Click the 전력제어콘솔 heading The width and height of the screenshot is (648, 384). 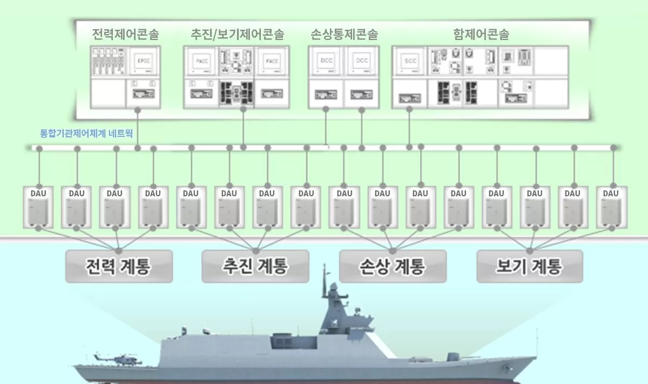[x=125, y=35]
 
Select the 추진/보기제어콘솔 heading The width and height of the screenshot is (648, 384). [x=238, y=35]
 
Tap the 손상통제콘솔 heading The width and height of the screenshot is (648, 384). [x=344, y=35]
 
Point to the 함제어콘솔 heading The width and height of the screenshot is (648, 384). [x=481, y=35]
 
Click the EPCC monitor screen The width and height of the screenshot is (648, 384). [x=143, y=61]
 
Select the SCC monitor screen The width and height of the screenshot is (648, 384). [x=409, y=61]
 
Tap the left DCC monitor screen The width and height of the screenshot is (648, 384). [x=326, y=61]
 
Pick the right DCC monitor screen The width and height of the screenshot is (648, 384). [x=361, y=61]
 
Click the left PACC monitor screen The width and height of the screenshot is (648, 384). [x=201, y=61]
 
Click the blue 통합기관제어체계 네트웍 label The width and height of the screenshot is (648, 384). [x=86, y=132]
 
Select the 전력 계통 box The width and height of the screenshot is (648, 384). [x=119, y=266]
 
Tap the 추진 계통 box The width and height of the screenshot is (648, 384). [x=255, y=266]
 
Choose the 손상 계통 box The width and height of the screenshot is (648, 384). [x=393, y=266]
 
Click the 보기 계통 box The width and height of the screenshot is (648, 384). [x=530, y=266]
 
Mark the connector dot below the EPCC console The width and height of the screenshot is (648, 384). [x=139, y=110]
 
